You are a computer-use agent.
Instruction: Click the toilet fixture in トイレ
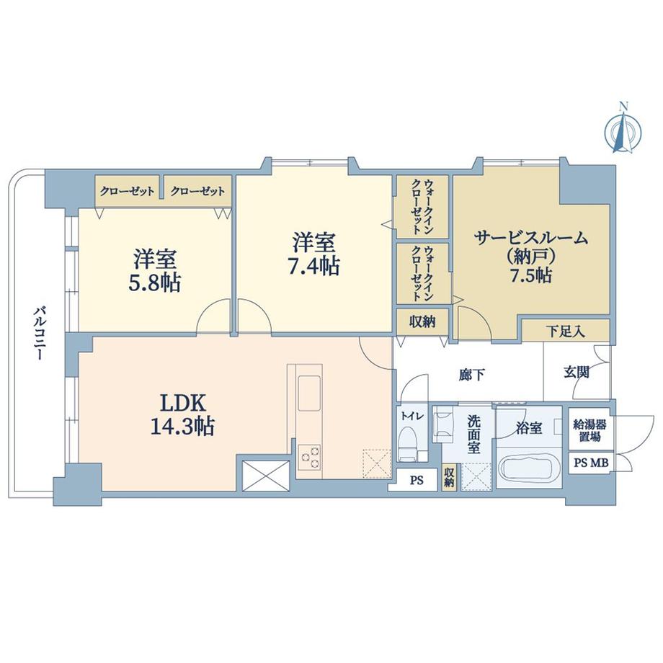pos(407,442)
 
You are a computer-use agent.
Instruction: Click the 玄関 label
pos(577,373)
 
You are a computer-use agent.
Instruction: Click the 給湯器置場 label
pos(589,430)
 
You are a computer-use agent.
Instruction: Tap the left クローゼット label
pos(128,192)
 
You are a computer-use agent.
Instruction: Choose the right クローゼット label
pos(197,192)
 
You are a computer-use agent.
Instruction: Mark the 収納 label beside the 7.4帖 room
pos(422,321)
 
